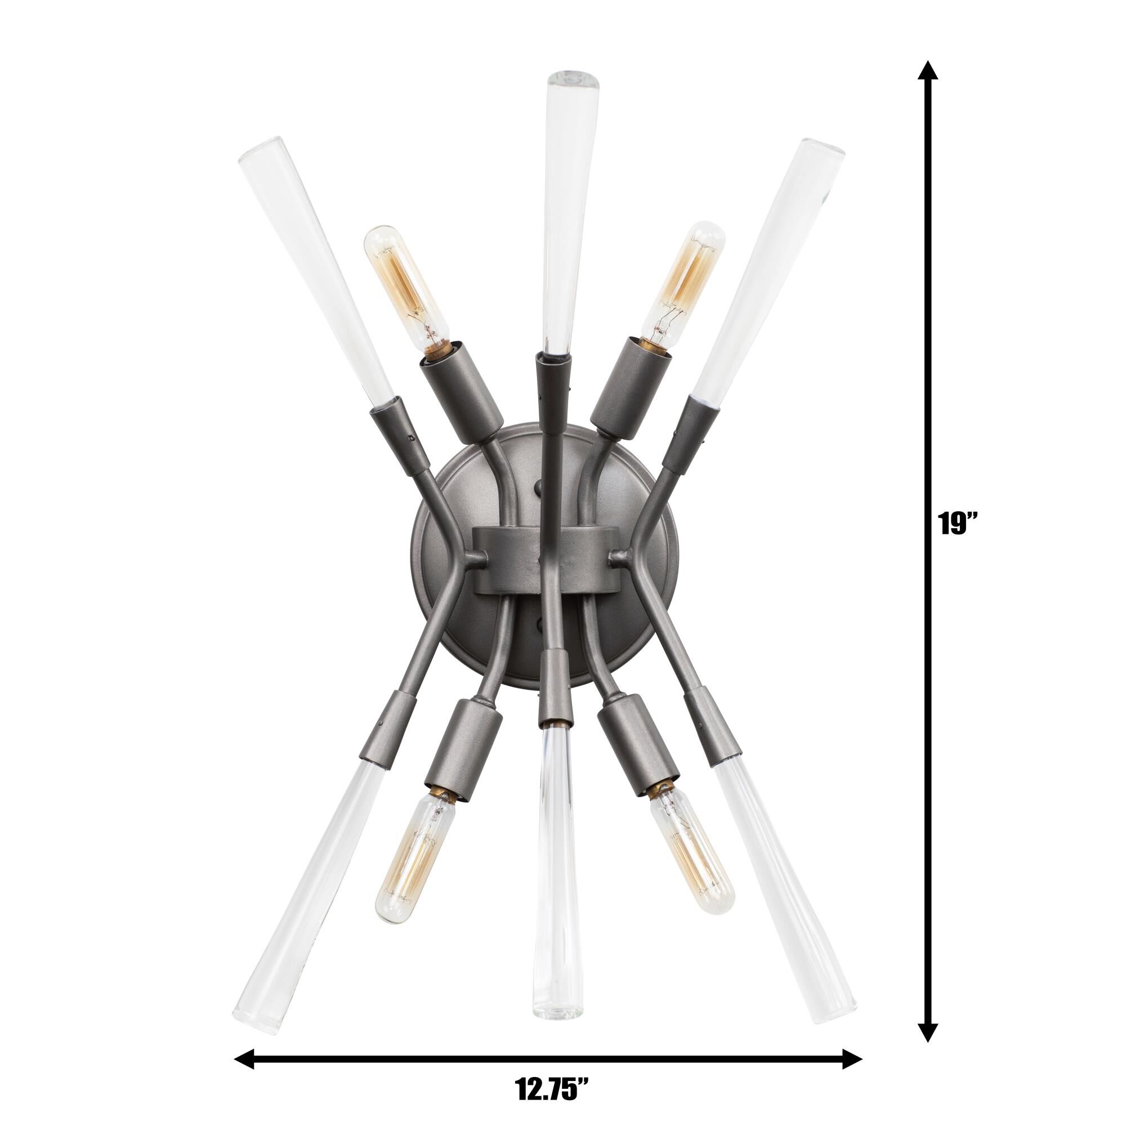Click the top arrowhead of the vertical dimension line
coord(928,70)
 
